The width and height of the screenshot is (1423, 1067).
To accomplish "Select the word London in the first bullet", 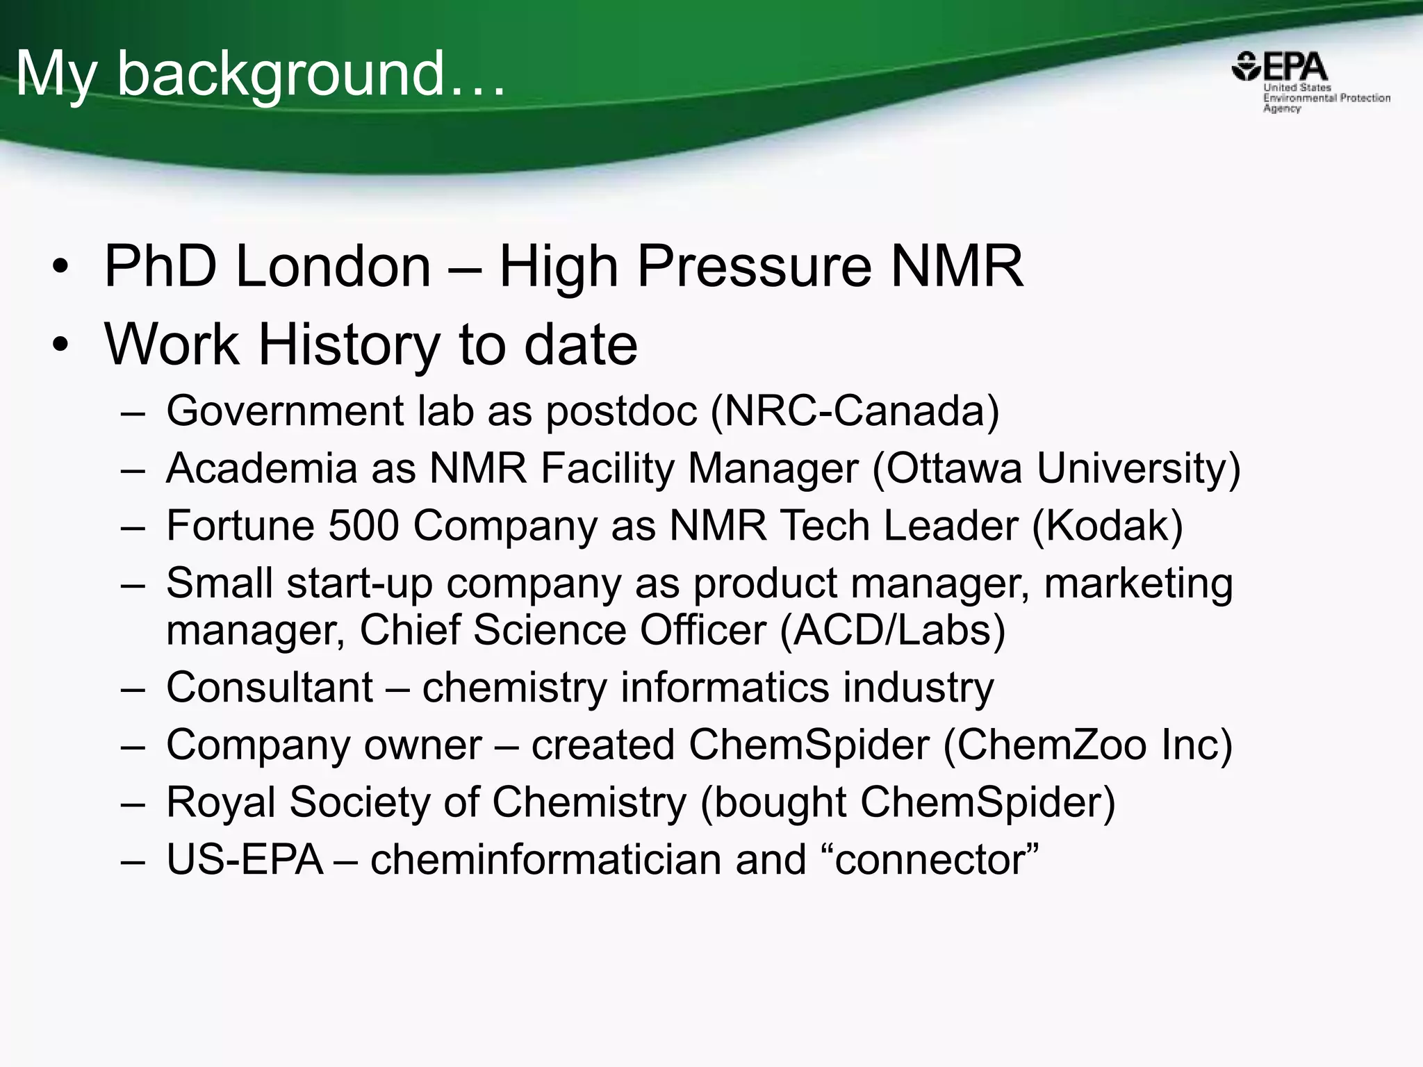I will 334,267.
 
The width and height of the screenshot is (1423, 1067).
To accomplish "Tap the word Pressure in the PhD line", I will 754,267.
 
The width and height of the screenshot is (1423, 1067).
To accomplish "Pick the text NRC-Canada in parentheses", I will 855,411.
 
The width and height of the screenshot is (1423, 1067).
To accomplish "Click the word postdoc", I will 621,411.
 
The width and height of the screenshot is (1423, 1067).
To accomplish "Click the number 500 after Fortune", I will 363,525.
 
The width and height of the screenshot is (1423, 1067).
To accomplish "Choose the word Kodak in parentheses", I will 1108,525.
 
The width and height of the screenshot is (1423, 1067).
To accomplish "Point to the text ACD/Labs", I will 892,629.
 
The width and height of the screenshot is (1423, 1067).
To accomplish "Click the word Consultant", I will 270,688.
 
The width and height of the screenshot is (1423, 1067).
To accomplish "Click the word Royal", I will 221,802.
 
